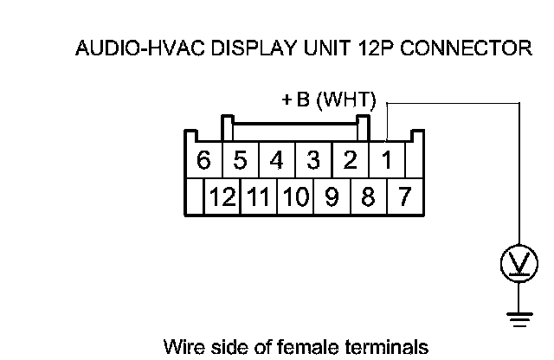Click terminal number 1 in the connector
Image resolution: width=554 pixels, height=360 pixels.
[x=387, y=160]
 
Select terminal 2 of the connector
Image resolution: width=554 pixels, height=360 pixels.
[x=350, y=160]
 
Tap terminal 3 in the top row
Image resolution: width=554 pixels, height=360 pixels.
[x=313, y=160]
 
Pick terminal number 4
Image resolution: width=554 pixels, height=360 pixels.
[x=276, y=160]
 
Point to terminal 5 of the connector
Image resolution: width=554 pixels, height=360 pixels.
[x=240, y=160]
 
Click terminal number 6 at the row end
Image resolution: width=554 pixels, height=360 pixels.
[x=204, y=160]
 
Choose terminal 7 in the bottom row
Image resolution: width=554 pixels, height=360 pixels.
[x=403, y=196]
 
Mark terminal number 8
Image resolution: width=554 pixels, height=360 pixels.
[x=367, y=196]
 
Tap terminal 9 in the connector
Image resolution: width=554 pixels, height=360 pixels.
[x=332, y=196]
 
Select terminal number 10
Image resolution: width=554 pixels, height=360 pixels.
[x=295, y=196]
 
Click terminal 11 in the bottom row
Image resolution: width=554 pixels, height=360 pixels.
[x=258, y=196]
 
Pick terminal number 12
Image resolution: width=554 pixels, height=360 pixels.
[x=222, y=196]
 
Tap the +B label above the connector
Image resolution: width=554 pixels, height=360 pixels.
[x=295, y=100]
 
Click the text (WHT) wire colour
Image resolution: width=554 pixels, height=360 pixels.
[x=345, y=100]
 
